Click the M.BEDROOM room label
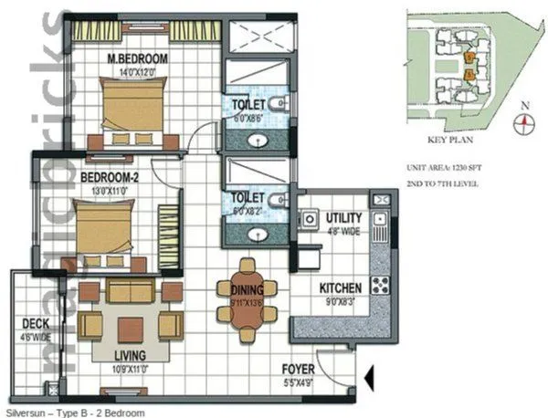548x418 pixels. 135,61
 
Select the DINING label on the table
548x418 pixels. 247,288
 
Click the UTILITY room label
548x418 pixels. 343,218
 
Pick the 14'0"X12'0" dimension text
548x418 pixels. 136,72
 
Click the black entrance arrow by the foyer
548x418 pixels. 368,376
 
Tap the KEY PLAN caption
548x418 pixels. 448,141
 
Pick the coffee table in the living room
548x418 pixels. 130,326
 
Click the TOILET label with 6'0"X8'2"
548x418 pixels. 248,197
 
